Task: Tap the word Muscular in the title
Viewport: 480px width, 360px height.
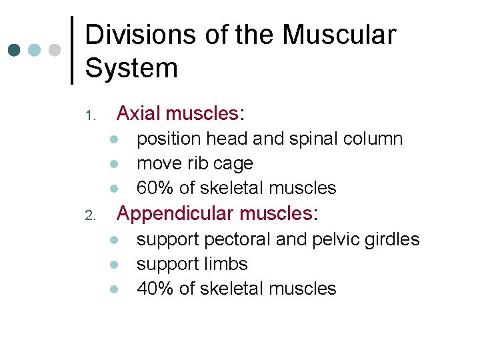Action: (339, 35)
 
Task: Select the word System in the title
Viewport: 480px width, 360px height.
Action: (131, 68)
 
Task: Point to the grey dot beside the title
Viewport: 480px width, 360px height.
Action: (55, 51)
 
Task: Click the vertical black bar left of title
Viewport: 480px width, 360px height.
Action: (72, 51)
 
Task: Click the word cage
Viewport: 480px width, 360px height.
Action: (233, 164)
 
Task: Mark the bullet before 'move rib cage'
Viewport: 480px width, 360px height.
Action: (115, 164)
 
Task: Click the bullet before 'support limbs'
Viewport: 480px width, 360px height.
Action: (115, 264)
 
